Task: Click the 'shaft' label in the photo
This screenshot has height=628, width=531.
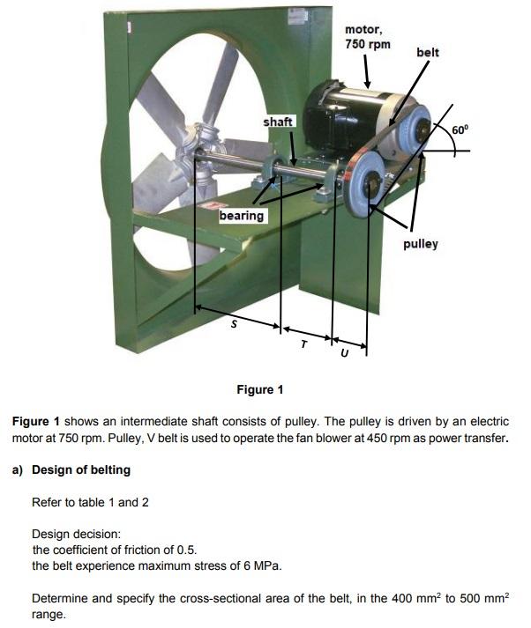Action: (279, 122)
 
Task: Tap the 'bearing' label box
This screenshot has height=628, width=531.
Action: (242, 215)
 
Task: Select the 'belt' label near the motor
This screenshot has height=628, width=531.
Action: (427, 53)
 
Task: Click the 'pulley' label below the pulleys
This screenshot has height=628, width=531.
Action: (421, 243)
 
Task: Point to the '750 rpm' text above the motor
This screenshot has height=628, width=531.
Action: (368, 44)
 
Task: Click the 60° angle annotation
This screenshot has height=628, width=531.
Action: (461, 130)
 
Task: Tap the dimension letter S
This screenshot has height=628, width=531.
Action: (233, 323)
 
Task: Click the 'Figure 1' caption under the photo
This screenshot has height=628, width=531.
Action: (260, 389)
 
